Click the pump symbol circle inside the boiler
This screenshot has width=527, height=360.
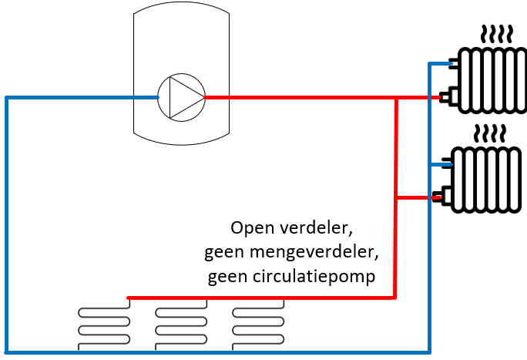182,98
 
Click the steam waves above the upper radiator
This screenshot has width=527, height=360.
494,34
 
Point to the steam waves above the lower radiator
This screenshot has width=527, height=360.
488,133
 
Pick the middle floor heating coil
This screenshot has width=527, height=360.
181,325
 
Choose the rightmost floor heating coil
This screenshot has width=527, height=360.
258,325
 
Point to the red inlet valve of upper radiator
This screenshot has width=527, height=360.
446,97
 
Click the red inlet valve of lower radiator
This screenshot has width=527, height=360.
438,197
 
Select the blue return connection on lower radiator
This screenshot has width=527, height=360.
443,163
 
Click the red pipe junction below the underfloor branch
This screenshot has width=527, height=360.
395,297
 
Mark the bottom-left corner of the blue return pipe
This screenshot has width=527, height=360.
7,352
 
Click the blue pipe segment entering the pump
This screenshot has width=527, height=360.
139,98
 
